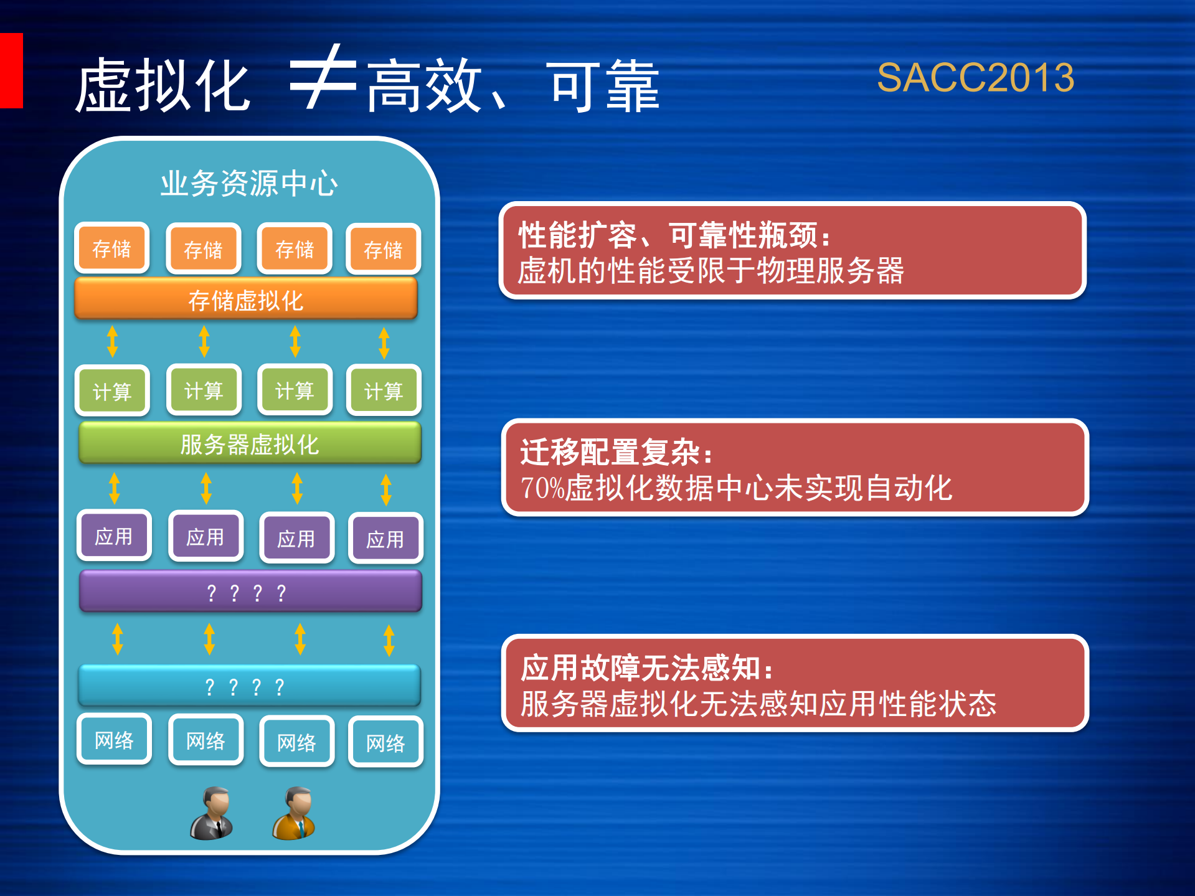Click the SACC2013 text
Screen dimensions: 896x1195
pyautogui.click(x=975, y=78)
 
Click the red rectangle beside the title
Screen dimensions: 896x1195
pyautogui.click(x=11, y=70)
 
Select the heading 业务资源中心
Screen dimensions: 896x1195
pyautogui.click(x=249, y=184)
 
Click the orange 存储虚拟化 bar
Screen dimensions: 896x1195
pyautogui.click(x=246, y=299)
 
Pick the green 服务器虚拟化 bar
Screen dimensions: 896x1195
pyautogui.click(x=250, y=444)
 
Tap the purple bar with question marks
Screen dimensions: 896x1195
pyautogui.click(x=250, y=592)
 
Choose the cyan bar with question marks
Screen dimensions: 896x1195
pyautogui.click(x=249, y=686)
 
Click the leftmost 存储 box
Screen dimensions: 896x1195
pyautogui.click(x=112, y=248)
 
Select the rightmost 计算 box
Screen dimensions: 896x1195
pyautogui.click(x=384, y=391)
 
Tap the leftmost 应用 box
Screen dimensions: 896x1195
pyautogui.click(x=114, y=536)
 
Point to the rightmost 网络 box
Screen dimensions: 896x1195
pyautogui.click(x=385, y=742)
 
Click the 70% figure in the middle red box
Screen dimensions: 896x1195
pyautogui.click(x=542, y=488)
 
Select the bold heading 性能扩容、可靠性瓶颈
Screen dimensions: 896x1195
pyautogui.click(x=674, y=235)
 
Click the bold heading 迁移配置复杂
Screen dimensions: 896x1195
pyautogui.click(x=616, y=452)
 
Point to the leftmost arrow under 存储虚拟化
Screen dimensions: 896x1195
pyautogui.click(x=113, y=341)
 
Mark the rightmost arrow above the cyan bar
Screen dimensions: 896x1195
pyautogui.click(x=389, y=640)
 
